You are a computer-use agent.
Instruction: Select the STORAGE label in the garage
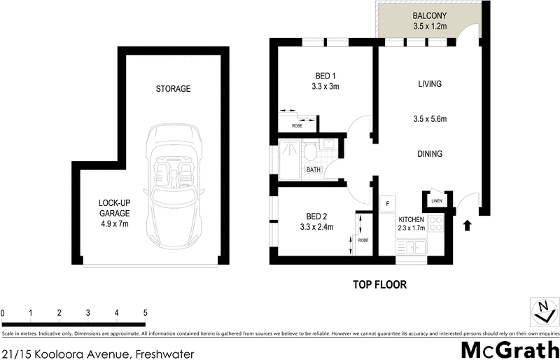click(x=174, y=89)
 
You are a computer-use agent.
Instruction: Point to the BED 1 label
click(x=325, y=76)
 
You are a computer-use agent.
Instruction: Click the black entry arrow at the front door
click(x=468, y=225)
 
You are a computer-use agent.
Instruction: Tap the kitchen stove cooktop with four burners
click(x=435, y=225)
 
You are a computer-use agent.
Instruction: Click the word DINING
click(x=429, y=154)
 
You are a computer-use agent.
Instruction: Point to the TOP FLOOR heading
click(x=379, y=285)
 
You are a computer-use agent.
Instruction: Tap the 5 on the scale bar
click(x=144, y=312)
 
